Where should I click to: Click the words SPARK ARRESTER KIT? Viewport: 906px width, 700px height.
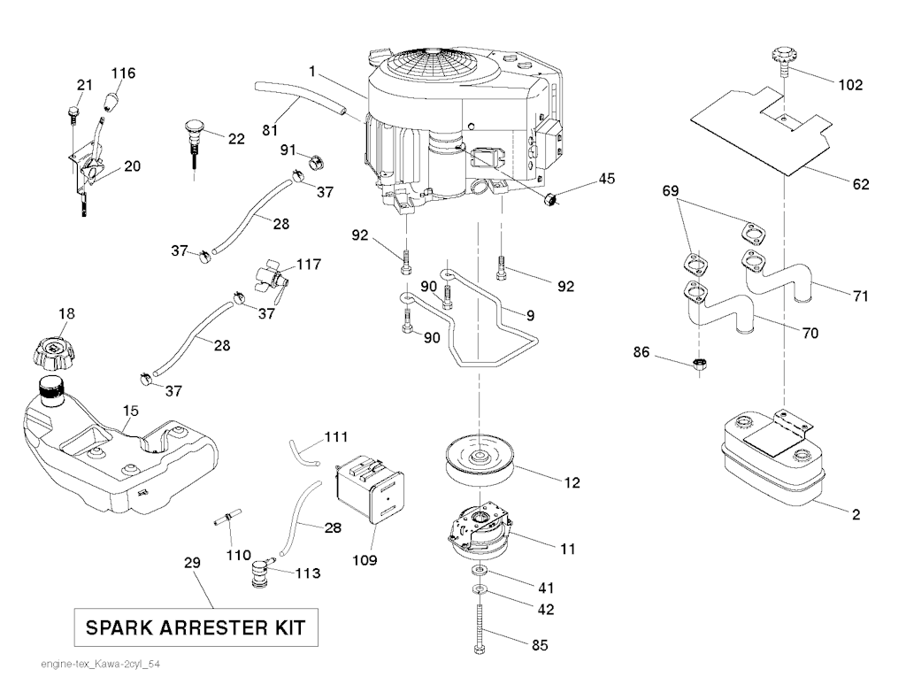(x=196, y=628)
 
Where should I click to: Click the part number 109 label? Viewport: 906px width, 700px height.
(x=365, y=560)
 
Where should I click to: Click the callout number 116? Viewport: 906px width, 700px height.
(x=123, y=73)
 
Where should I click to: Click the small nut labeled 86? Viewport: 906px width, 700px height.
(x=699, y=363)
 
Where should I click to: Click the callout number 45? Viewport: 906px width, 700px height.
(x=606, y=179)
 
